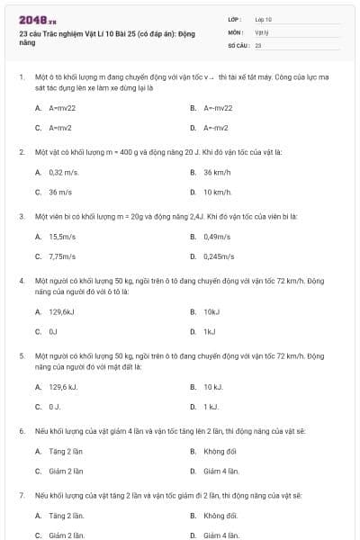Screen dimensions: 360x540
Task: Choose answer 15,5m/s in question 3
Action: (62, 237)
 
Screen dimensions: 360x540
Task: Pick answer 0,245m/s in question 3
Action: (214, 256)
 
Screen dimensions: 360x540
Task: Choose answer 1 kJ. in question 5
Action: (211, 406)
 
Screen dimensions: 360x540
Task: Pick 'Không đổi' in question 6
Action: (219, 451)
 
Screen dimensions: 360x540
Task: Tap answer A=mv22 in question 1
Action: (64, 107)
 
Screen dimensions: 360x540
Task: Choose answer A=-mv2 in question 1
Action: (215, 127)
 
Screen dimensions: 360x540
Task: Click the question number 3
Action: (21, 216)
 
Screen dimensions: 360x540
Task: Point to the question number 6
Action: (21, 431)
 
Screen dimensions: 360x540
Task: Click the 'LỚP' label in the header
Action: (235, 18)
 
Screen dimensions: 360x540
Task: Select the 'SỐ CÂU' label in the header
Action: (238, 43)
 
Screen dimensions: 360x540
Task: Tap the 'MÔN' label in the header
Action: (235, 31)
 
